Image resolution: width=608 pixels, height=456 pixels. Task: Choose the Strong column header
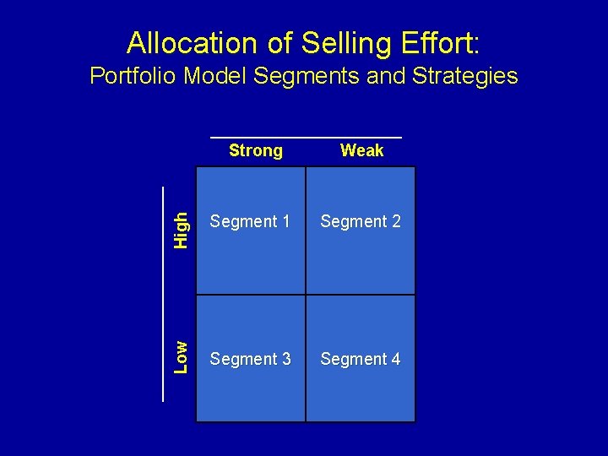click(255, 150)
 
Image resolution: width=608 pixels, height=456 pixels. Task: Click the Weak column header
click(361, 150)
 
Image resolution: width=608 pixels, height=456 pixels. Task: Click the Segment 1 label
click(250, 222)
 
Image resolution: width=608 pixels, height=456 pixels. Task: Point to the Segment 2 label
click(361, 222)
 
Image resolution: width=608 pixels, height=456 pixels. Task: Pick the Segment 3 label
click(250, 360)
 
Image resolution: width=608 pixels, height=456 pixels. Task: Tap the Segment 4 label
click(361, 360)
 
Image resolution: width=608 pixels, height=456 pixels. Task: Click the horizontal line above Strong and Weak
click(306, 137)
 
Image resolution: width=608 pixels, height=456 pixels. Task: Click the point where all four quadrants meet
click(306, 295)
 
